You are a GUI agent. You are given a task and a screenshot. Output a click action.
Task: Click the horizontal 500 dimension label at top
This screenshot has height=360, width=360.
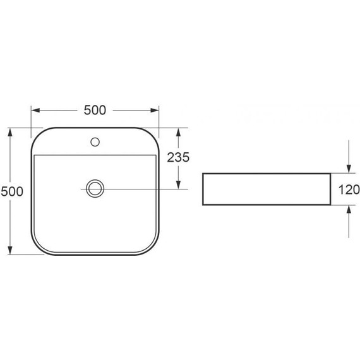click(x=95, y=110)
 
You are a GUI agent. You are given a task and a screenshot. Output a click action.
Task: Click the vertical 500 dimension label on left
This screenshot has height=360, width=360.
click(x=12, y=191)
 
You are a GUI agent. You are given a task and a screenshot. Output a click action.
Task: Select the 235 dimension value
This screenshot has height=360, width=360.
click(x=178, y=157)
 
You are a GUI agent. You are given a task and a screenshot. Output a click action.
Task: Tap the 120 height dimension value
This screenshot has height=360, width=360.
click(x=349, y=189)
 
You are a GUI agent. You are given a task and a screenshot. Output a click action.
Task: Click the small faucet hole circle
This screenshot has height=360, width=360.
click(x=95, y=142)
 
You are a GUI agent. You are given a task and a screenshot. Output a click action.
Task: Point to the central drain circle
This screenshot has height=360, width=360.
click(x=95, y=188)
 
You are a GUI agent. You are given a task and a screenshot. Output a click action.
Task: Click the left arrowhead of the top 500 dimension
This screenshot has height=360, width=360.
click(x=35, y=111)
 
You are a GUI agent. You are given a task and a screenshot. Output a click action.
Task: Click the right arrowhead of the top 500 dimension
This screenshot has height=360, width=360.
click(x=155, y=111)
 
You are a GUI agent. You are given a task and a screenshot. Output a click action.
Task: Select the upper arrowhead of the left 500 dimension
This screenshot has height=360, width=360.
click(x=10, y=132)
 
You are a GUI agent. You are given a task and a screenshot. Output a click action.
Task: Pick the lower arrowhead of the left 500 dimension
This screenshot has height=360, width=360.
click(x=10, y=250)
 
